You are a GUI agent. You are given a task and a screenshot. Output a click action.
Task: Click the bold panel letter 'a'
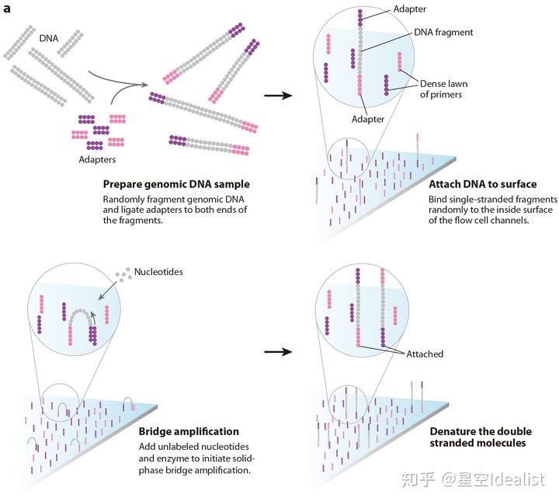coord(7,9)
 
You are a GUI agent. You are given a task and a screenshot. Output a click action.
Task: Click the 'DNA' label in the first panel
coord(48,37)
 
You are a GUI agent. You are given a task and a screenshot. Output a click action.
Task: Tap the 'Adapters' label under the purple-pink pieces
coord(99,159)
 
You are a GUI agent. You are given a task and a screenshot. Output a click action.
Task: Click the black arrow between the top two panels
coord(278,96)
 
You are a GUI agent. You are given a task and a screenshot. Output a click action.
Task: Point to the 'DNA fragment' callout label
coord(443,33)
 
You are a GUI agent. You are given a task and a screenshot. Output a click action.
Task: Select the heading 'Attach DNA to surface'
coord(482,184)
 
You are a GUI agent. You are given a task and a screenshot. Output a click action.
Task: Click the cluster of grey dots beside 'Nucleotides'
coord(121,274)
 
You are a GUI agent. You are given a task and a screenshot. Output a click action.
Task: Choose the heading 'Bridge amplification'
coord(189,431)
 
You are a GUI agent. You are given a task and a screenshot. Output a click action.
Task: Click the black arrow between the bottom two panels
coord(278,351)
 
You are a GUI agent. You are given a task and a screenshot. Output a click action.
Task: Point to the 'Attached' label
coord(425,354)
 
